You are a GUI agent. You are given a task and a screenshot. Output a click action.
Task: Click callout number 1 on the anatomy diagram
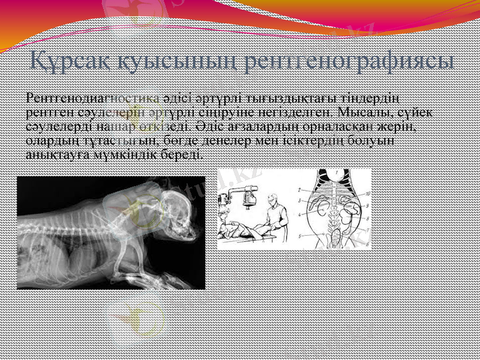337,172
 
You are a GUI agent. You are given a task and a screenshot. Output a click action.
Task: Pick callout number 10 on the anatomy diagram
367,193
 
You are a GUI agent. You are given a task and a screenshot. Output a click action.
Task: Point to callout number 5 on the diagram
299,236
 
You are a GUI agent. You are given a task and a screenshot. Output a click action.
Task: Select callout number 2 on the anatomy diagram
299,190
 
